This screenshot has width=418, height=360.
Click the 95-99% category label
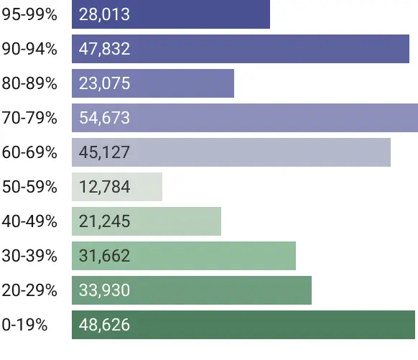29,14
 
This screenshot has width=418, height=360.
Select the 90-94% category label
29,49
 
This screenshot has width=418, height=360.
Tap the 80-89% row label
29,83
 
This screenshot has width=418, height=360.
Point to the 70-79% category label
29,118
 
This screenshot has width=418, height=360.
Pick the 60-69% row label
29,152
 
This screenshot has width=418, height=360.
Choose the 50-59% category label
29,187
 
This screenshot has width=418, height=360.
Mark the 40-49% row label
29,221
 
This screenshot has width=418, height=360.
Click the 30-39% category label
29,256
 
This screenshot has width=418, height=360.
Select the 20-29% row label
29,290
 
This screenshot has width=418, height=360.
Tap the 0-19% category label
24,325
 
